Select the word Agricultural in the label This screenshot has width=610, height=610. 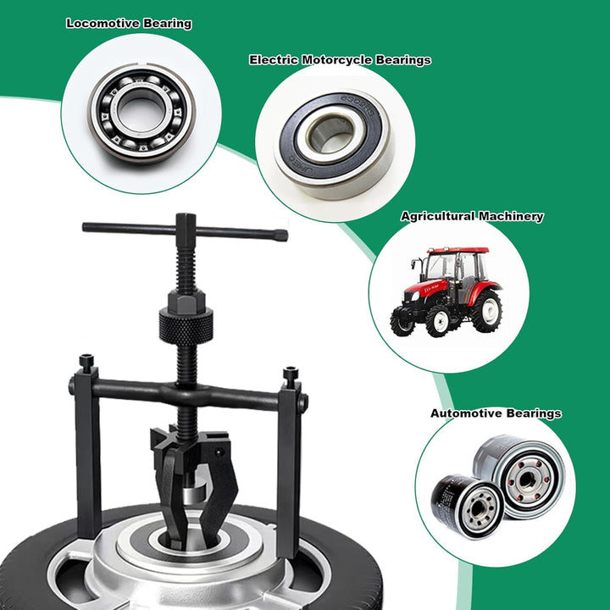point(438,216)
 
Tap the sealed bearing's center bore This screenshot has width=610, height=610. point(332,134)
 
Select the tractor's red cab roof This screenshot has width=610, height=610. point(458,250)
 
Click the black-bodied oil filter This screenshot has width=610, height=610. point(468,506)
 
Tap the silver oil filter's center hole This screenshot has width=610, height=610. point(526,480)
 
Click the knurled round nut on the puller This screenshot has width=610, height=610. point(186,325)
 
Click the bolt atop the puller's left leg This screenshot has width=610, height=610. point(86,362)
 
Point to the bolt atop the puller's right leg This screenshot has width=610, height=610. point(291,374)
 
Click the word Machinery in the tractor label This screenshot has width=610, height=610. point(511,216)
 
